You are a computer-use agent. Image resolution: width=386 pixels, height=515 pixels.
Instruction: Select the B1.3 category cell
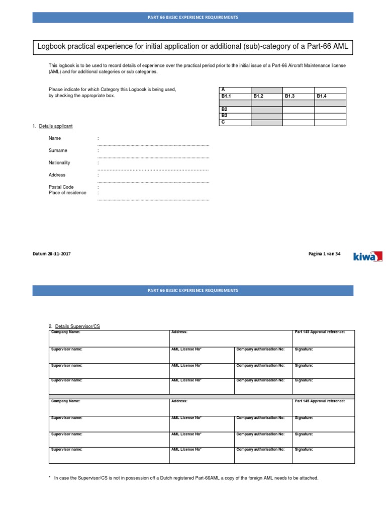point(291,96)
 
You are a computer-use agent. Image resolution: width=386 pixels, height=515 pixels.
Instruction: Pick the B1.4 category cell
point(323,96)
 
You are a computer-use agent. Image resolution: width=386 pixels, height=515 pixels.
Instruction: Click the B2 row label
point(225,109)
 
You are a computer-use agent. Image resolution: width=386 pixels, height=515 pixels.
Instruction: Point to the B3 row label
point(225,115)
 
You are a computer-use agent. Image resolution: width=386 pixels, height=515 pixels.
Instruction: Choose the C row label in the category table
point(223,122)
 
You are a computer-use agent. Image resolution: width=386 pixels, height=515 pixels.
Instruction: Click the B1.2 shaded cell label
point(259,96)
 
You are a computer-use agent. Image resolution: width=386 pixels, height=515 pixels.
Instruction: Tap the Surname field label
point(58,150)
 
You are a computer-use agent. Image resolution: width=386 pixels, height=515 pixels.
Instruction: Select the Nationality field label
point(59,162)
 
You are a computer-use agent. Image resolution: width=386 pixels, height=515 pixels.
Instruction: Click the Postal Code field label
point(61,187)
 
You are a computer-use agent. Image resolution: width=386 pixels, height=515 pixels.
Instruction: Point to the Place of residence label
point(67,193)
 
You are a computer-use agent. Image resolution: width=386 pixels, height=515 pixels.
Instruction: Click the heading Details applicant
point(56,126)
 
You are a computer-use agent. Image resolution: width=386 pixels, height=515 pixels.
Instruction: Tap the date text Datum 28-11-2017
point(52,254)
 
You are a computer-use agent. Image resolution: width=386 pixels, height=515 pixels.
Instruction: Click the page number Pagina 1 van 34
point(324,254)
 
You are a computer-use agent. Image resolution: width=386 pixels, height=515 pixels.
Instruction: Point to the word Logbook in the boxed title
point(53,47)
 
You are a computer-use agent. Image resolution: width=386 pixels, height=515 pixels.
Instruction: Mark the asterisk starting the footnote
point(50,478)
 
